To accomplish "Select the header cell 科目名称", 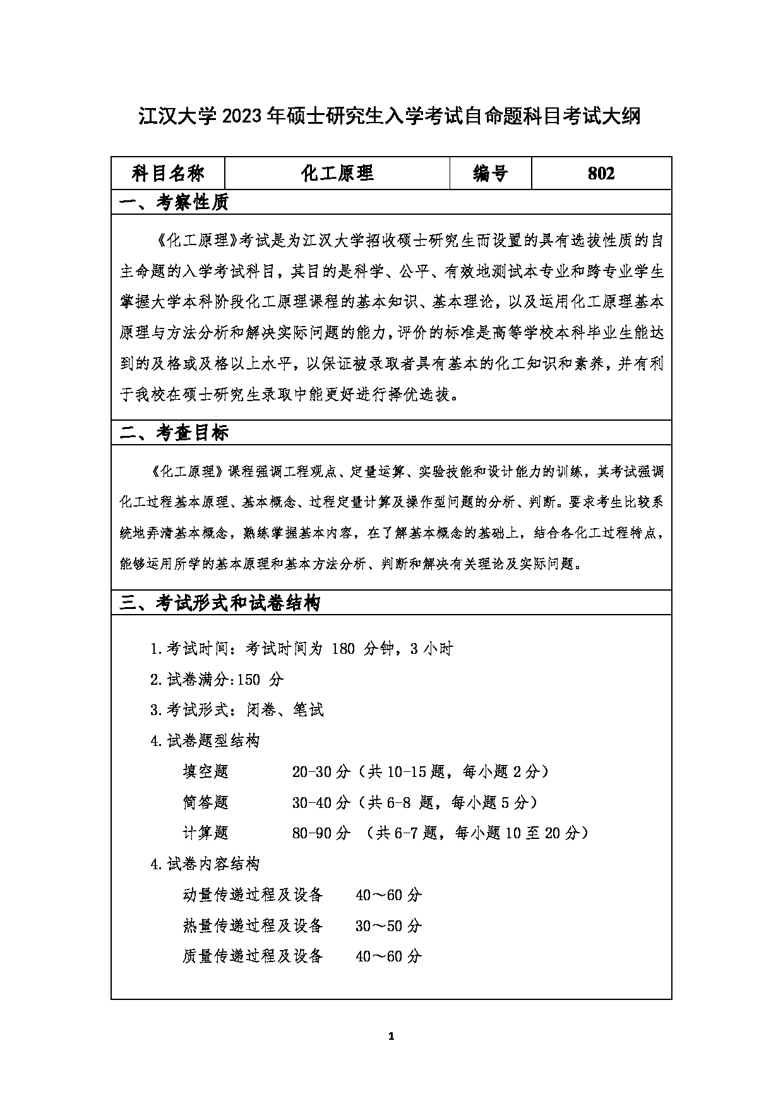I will pos(168,173).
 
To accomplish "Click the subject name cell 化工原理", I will pos(337,173).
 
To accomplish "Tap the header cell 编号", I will pos(491,173).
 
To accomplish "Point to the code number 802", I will pos(601,173).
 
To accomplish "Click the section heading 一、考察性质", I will pos(174,202).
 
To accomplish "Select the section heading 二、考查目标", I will pos(174,433).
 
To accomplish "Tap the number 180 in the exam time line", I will pos(343,649).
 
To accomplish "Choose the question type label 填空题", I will pos(205,771).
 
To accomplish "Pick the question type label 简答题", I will pos(205,802).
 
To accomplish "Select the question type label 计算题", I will pos(205,833).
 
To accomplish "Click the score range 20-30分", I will pos(321,771).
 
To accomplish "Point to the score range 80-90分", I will pos(321,833).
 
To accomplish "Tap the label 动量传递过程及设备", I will pos(253,894).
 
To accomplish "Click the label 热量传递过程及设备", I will pos(253,925).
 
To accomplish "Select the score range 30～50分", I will pos(388,925).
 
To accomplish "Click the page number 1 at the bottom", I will pos(391,1036).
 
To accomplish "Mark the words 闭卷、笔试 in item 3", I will pos(285,710).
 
